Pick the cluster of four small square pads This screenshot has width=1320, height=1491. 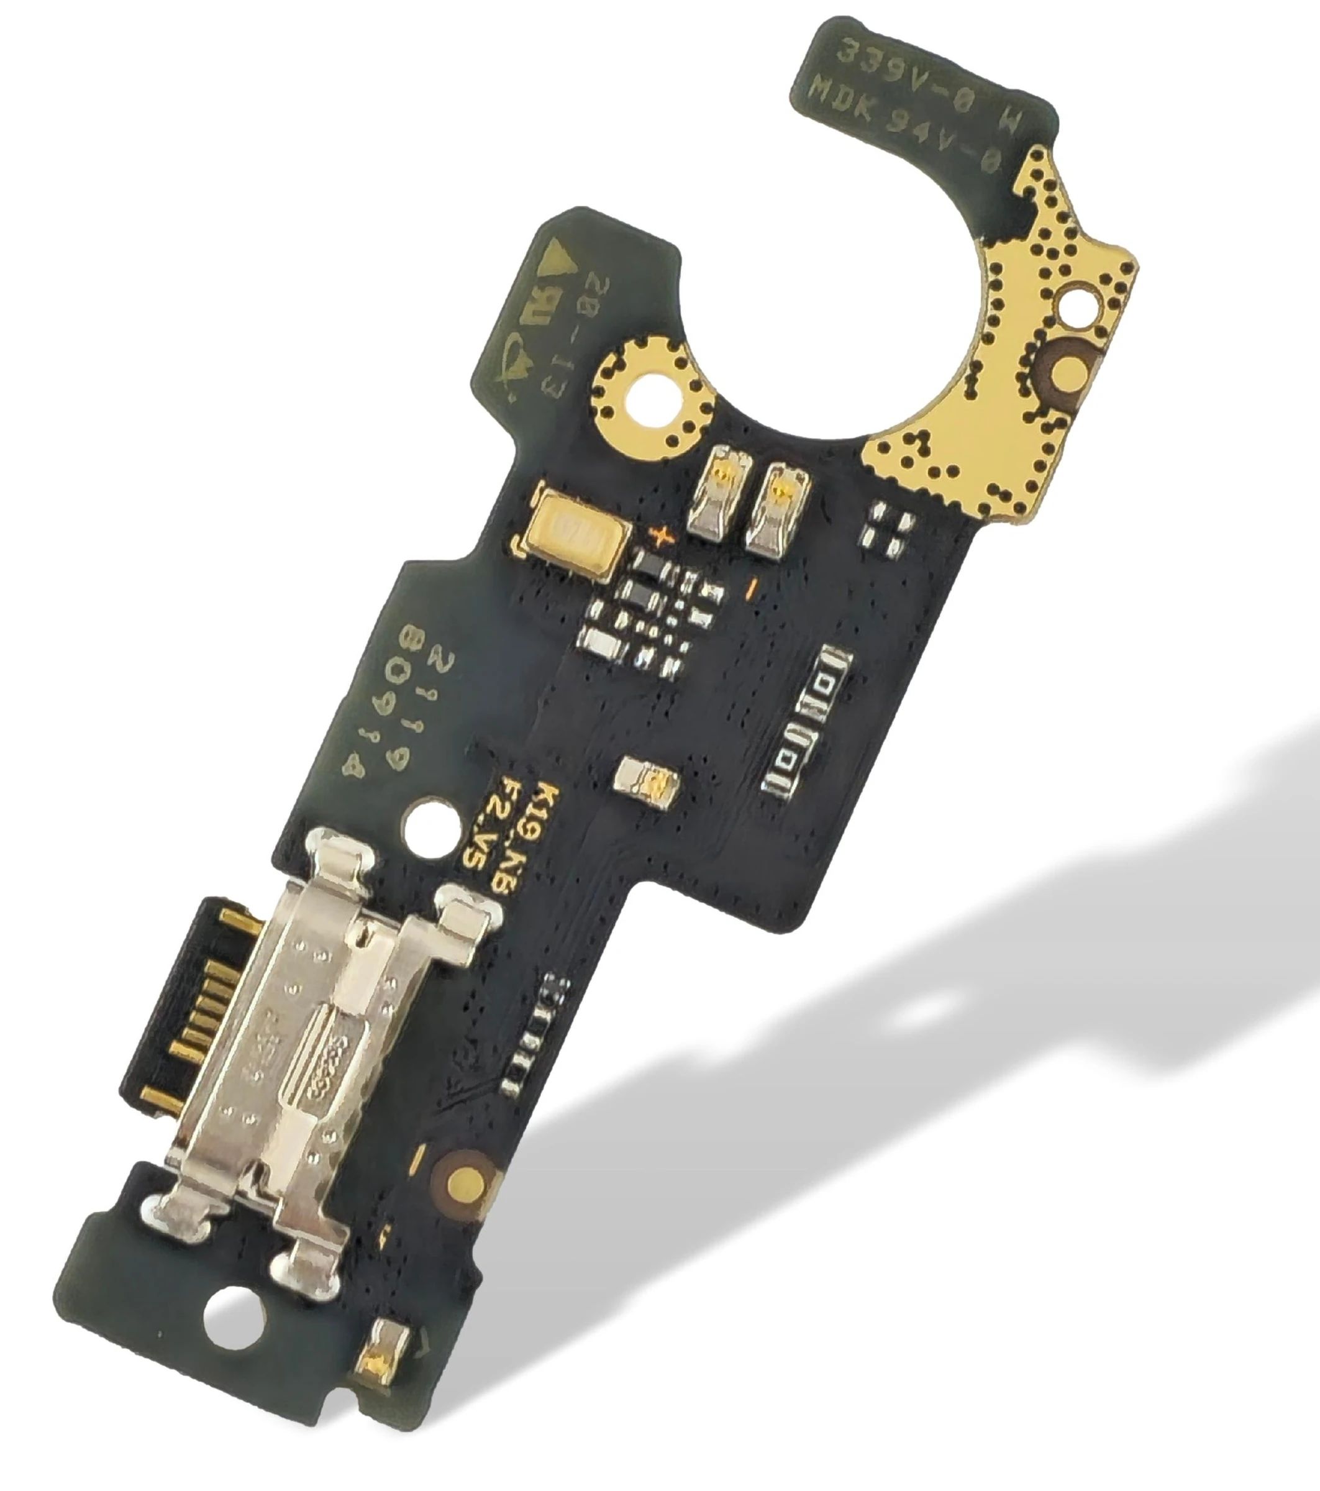click(x=888, y=527)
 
